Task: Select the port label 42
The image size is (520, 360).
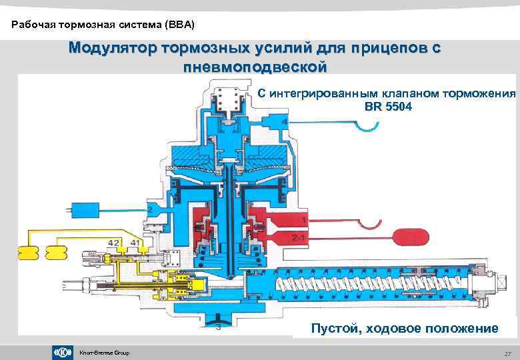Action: (115, 243)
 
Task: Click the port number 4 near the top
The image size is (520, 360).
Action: (285, 123)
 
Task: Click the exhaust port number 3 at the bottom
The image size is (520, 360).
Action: (217, 327)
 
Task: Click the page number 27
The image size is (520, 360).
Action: (507, 353)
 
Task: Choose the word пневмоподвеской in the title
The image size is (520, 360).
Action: (254, 67)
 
